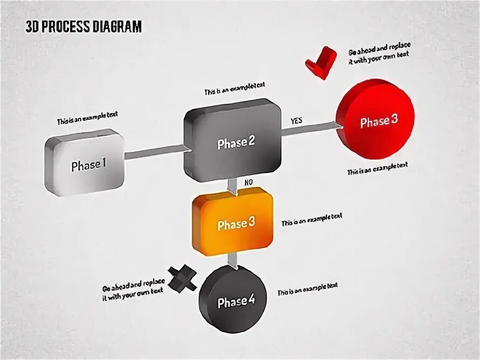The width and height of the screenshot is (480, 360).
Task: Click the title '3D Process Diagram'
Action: (84, 27)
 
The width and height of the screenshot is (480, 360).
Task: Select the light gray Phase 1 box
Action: (86, 164)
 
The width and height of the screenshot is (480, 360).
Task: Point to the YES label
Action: (296, 121)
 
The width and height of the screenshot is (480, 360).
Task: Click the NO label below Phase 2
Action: (248, 183)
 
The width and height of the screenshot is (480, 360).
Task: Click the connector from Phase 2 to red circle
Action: (310, 129)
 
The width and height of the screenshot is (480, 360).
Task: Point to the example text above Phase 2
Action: (234, 89)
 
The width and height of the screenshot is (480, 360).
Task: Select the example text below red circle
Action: (377, 168)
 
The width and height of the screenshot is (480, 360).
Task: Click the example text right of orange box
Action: (311, 219)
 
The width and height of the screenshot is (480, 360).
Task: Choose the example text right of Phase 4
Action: (307, 289)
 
